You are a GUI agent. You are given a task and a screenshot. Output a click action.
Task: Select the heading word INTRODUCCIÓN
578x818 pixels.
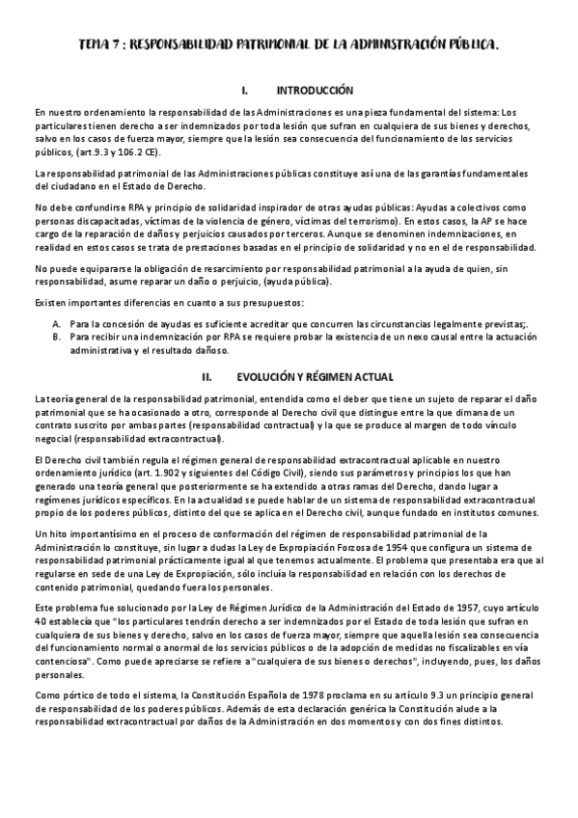point(315,90)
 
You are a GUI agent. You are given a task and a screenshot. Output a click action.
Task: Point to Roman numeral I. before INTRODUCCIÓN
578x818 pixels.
point(246,90)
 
